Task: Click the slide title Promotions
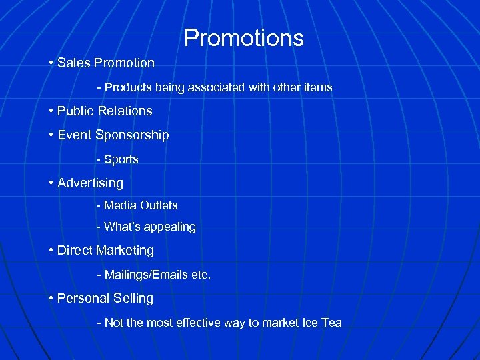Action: point(243,38)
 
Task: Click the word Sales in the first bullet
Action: point(73,63)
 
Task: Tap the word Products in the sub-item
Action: point(129,87)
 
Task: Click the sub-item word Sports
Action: point(121,159)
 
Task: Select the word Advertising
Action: point(90,183)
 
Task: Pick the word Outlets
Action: point(159,205)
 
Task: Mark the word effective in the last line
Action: point(205,323)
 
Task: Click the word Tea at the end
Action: point(331,323)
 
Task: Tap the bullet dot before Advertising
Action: point(51,183)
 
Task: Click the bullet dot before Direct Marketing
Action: point(51,251)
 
